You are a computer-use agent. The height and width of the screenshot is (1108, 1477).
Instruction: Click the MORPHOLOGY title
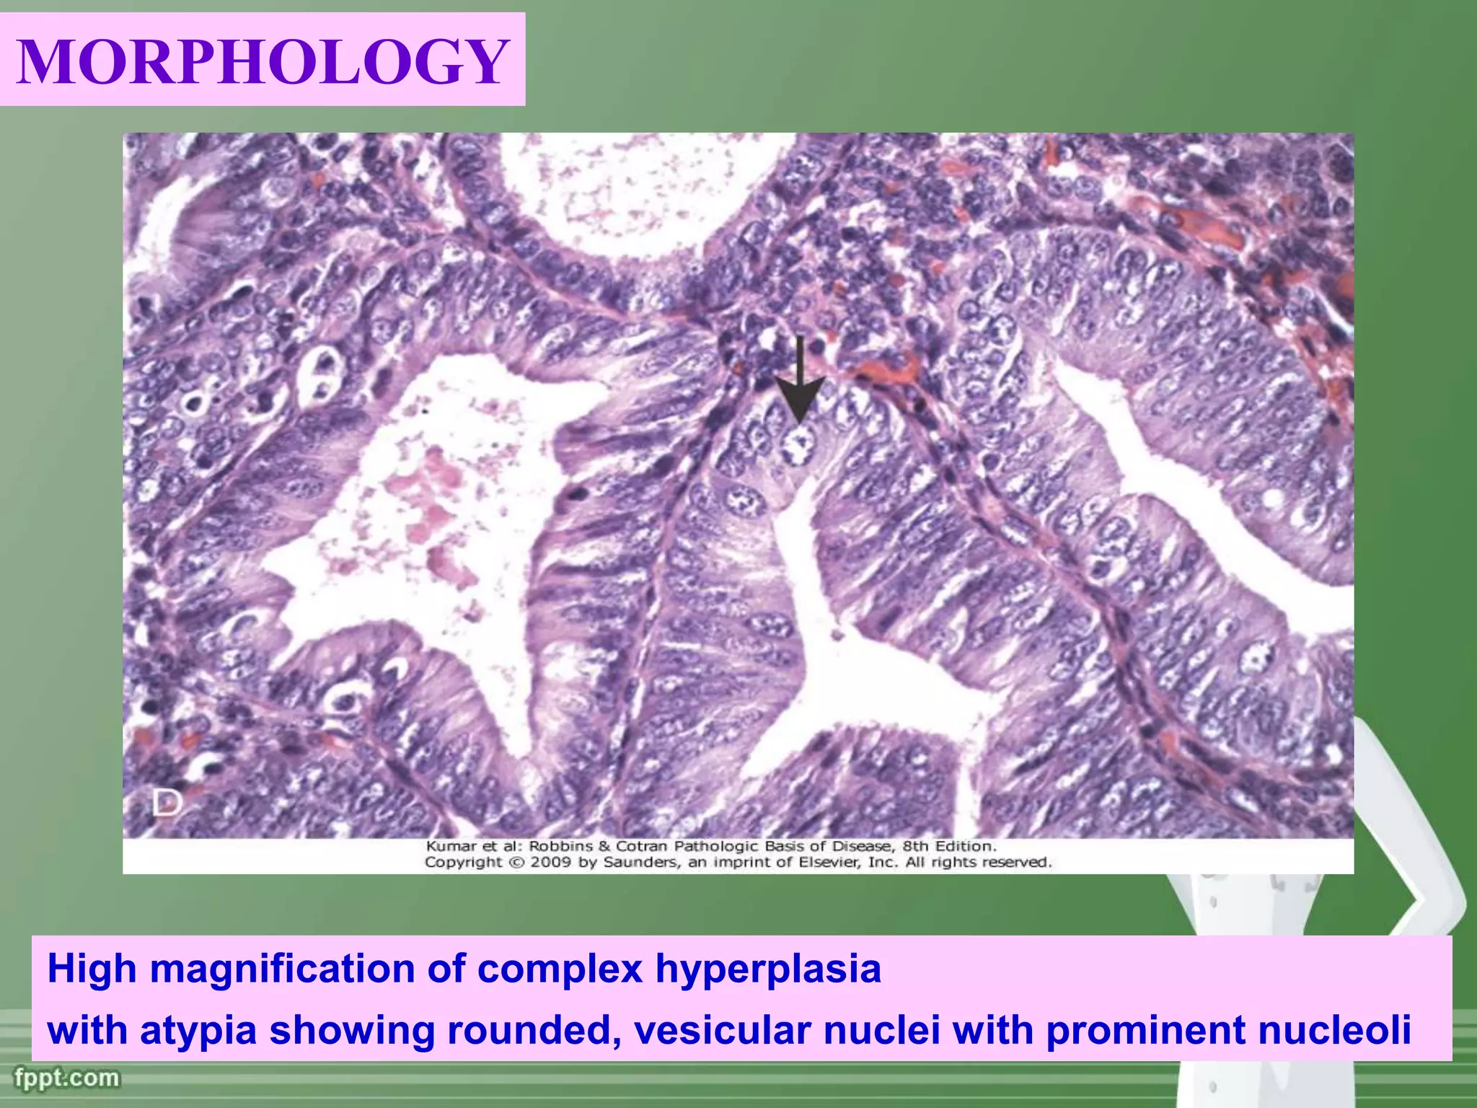point(263,61)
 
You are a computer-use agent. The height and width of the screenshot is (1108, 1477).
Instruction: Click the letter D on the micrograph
point(167,803)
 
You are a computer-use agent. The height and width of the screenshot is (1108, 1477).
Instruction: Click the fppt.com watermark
point(66,1078)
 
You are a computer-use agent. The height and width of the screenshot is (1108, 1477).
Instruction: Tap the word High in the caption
point(92,969)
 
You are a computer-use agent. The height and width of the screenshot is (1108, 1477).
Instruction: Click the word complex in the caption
point(559,969)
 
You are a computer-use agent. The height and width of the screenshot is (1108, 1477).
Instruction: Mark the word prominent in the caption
point(1145,1030)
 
